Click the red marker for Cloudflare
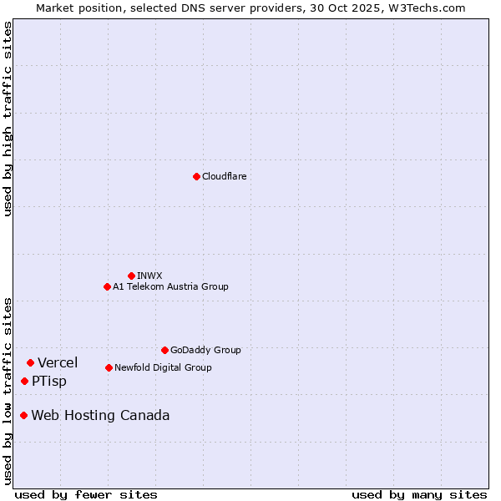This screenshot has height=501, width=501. click(196, 176)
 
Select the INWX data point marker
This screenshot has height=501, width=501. click(131, 276)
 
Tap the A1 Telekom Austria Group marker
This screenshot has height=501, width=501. click(107, 286)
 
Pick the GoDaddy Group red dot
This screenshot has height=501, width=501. click(164, 350)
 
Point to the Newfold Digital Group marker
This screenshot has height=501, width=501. click(109, 367)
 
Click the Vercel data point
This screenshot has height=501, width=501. click(30, 362)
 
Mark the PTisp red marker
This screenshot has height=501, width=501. click(24, 381)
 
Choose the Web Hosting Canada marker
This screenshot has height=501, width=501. click(23, 415)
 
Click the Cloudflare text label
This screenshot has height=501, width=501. click(224, 176)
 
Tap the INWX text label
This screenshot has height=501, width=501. click(149, 276)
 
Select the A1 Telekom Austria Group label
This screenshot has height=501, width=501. click(170, 286)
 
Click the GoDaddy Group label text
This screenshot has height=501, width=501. click(205, 350)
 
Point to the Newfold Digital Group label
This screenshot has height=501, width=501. click(163, 367)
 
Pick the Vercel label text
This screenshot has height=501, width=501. click(58, 362)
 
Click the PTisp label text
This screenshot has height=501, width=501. click(49, 382)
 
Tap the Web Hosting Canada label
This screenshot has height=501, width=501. click(100, 416)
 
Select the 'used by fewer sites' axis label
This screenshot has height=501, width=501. click(86, 494)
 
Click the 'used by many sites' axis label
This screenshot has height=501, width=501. click(419, 494)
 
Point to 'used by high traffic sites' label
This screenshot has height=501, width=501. click(8, 119)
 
